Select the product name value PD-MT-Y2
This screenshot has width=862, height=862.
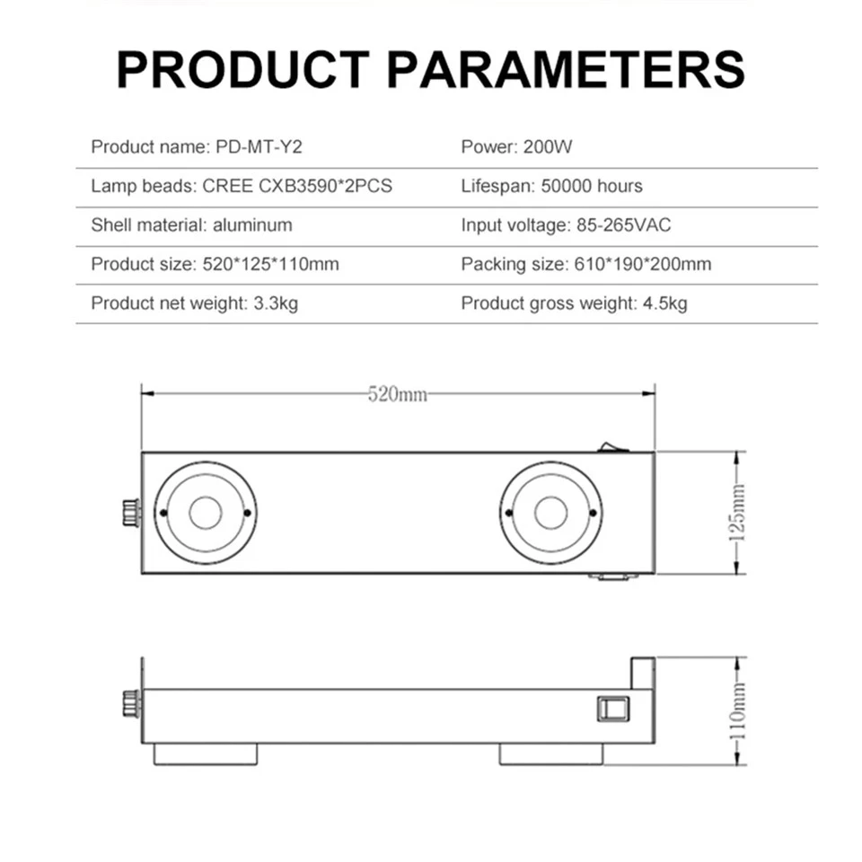pyautogui.click(x=266, y=147)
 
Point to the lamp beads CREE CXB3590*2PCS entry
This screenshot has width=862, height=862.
pyautogui.click(x=242, y=187)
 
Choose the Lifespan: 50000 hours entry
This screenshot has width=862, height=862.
pyautogui.click(x=551, y=187)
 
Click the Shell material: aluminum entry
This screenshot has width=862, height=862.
pyautogui.click(x=191, y=225)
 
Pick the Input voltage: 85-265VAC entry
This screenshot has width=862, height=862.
pyautogui.click(x=566, y=225)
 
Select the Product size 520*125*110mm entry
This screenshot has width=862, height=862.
pyautogui.click(x=215, y=265)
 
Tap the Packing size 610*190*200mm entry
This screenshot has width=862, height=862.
pyautogui.click(x=585, y=265)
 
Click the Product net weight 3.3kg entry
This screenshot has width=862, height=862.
pyautogui.click(x=194, y=303)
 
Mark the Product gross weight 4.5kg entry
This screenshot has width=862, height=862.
pyautogui.click(x=574, y=303)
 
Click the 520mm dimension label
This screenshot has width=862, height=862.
pyautogui.click(x=397, y=394)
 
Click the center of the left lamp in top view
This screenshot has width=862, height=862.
pyautogui.click(x=205, y=513)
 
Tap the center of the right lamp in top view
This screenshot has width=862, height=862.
pyautogui.click(x=550, y=513)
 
